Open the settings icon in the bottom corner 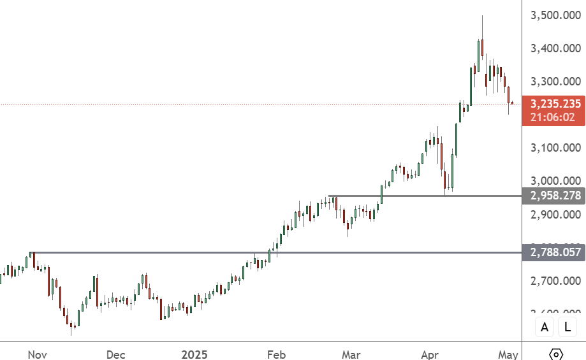click(x=555, y=354)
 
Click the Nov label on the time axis click(x=38, y=354)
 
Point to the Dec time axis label click(x=116, y=354)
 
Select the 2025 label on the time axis click(x=196, y=354)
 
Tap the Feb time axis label click(x=275, y=354)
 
